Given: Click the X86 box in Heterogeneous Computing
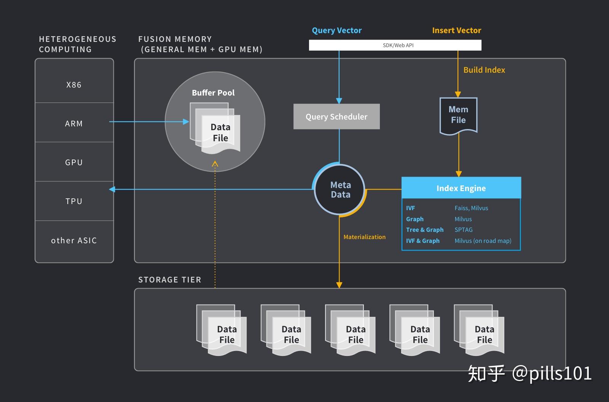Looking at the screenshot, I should [x=74, y=85].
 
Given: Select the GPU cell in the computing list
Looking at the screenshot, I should [x=74, y=162].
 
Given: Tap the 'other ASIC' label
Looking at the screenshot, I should [x=74, y=241].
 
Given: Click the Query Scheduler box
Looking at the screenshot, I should [x=336, y=116].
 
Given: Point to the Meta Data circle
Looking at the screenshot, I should [x=340, y=190].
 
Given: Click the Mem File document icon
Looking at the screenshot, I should [x=458, y=115].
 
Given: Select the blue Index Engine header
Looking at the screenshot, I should [x=461, y=188].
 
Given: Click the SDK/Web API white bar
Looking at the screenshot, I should [x=395, y=45].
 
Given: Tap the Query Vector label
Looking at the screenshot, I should [x=336, y=30].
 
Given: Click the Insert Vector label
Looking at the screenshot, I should [x=456, y=30].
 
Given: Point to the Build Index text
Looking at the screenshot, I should [x=484, y=70].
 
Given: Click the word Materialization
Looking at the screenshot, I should [x=364, y=237].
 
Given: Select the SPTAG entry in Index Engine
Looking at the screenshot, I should [x=464, y=230].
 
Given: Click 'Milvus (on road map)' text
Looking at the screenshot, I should [x=483, y=241].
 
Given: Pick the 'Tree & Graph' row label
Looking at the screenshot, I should [x=425, y=230].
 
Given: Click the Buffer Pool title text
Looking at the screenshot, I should [x=213, y=93].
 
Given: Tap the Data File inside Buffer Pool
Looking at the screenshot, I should [x=220, y=132].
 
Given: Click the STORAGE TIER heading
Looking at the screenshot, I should [x=169, y=280].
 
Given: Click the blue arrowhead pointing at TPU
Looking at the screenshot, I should [x=112, y=189].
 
